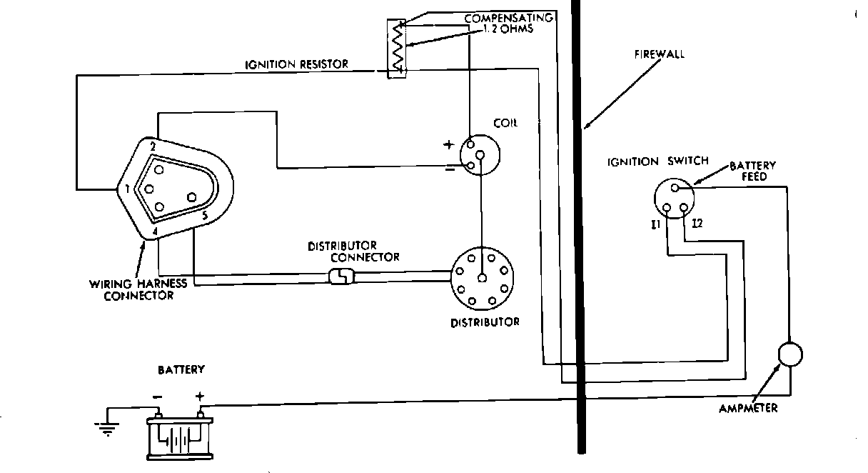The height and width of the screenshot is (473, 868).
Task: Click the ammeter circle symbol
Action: pos(790,354)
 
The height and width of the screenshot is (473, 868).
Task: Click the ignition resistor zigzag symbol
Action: pos(396,48)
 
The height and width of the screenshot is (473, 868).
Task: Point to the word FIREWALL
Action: pos(659,54)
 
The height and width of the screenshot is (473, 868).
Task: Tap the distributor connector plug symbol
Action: pos(340,276)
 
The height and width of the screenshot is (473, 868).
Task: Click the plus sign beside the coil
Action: pos(448,145)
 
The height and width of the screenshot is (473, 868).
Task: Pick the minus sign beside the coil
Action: pos(449,169)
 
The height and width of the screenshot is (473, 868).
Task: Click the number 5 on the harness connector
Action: pos(204,214)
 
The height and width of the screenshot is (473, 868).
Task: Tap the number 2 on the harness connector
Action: pos(153,146)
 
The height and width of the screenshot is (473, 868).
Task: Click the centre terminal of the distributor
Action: pos(483,279)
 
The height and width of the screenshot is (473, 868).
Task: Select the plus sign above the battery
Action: pos(200,395)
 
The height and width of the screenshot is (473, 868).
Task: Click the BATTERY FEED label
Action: pos(752,171)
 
